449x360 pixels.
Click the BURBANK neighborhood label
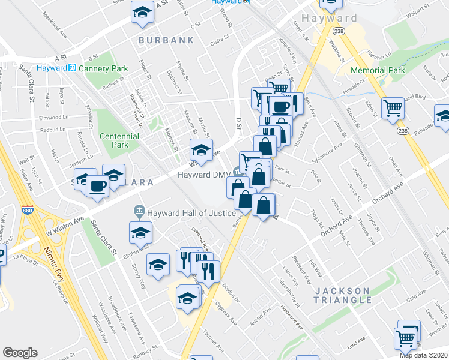[x=166, y=40]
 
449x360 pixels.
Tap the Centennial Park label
[x=119, y=140]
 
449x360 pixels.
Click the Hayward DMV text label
[x=203, y=175]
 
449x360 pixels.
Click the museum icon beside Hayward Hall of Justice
[x=139, y=211]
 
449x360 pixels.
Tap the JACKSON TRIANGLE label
[x=343, y=295]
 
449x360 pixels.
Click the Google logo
[x=20, y=352]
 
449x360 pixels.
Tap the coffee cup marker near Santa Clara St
[x=97, y=185]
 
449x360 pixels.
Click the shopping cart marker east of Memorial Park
[x=393, y=109]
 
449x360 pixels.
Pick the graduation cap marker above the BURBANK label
[x=142, y=13]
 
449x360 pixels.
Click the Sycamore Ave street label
[x=327, y=152]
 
